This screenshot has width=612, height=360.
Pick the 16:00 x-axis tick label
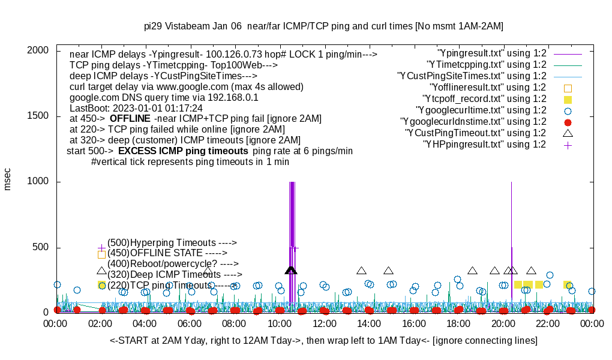click(x=414, y=323)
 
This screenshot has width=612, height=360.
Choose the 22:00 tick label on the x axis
click(x=548, y=323)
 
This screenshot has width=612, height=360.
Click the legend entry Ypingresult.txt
click(x=492, y=53)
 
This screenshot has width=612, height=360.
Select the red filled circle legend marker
click(x=568, y=122)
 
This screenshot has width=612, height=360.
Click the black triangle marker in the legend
click(x=568, y=133)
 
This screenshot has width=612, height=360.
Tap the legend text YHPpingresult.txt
click(x=485, y=145)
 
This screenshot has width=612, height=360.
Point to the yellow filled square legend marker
click(x=568, y=99)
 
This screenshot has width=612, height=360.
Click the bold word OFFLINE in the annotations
click(x=130, y=119)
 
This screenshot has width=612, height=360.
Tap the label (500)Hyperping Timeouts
click(x=172, y=242)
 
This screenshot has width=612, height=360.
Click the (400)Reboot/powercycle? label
click(x=173, y=263)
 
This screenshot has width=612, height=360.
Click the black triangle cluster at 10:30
click(x=291, y=271)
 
